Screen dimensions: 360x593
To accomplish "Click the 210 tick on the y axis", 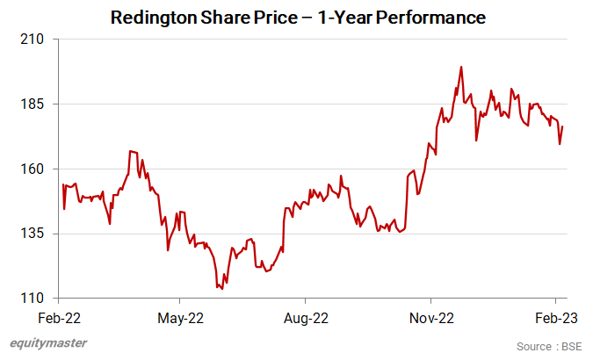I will tap(37, 40).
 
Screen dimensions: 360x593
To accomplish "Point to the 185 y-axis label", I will tap(37, 104).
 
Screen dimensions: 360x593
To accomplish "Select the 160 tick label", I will tap(37, 169).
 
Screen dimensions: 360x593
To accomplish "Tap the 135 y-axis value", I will tap(37, 234).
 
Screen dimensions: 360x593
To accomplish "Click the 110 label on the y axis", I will tap(37, 299).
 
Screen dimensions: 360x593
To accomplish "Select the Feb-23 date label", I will tap(556, 318).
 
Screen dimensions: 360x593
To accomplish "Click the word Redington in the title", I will tap(154, 18).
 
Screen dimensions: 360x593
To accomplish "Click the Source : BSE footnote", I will tap(548, 346).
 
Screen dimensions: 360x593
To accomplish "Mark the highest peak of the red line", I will tap(461, 67).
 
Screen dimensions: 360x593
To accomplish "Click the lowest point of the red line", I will tap(221, 289).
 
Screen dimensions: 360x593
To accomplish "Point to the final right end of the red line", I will tap(562, 127).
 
